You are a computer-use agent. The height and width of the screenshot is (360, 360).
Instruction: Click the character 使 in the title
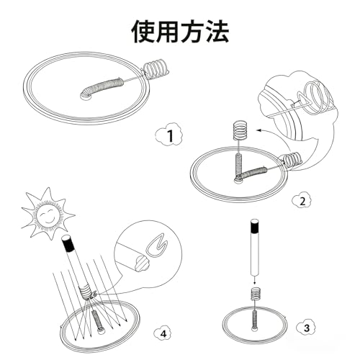144,32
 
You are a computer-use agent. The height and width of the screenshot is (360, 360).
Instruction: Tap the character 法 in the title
217,32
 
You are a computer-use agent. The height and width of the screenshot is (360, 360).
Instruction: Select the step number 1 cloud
169,135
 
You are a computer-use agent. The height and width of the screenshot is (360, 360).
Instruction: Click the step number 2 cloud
302,201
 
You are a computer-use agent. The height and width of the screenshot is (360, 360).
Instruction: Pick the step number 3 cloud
306,328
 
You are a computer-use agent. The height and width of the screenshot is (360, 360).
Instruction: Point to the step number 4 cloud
163,333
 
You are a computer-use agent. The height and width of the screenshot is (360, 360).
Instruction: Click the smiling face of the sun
49,215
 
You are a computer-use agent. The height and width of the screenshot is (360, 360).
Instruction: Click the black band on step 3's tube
255,226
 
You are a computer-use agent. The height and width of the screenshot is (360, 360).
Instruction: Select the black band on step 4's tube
68,243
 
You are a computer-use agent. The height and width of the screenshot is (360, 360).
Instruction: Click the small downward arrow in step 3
255,280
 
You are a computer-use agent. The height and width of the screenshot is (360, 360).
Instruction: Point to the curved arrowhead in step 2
260,130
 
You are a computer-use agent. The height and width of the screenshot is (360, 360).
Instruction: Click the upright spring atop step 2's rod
240,132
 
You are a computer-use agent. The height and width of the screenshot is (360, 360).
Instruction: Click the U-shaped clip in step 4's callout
155,248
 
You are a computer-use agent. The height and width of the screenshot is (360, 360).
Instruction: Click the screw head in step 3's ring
254,328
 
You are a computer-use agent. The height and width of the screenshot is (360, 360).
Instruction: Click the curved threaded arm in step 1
100,87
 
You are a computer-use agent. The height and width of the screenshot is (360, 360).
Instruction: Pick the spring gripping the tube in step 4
85,292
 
